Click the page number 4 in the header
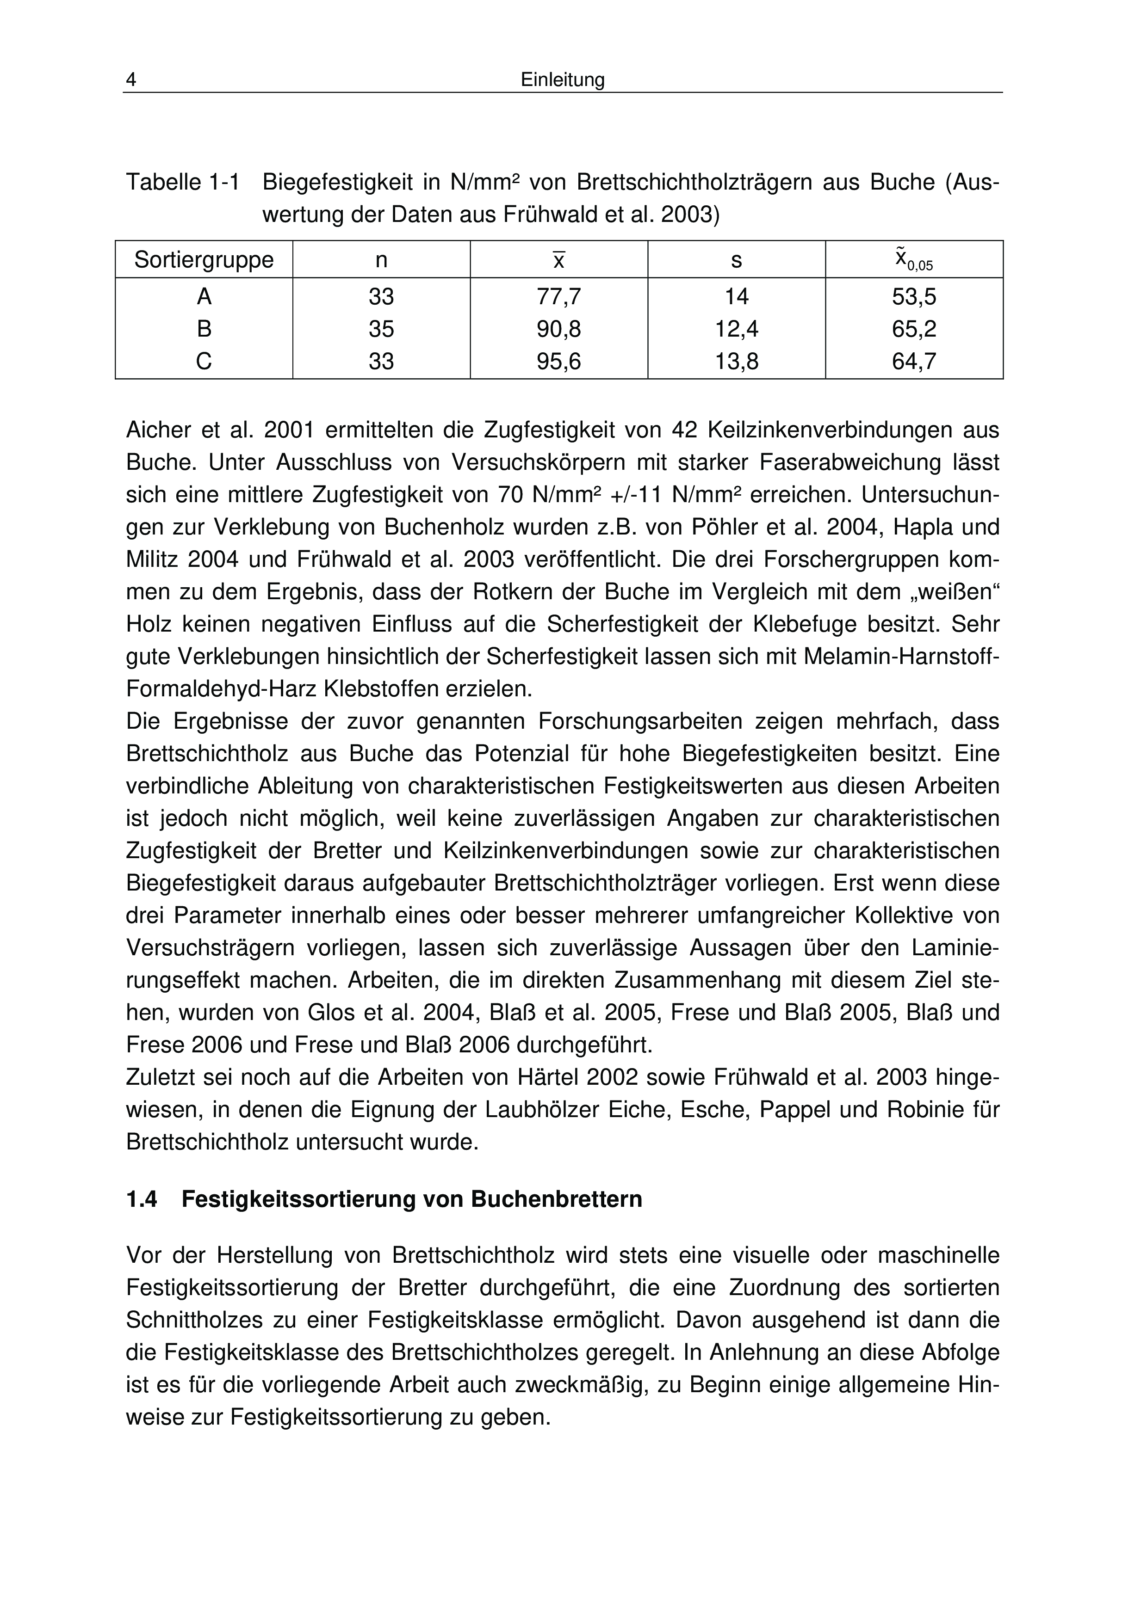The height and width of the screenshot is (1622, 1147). pyautogui.click(x=131, y=80)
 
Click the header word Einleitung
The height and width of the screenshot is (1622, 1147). pyautogui.click(x=563, y=80)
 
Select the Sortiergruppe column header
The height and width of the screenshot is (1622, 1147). pyautogui.click(x=204, y=260)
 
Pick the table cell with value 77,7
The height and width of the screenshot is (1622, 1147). pyautogui.click(x=558, y=297)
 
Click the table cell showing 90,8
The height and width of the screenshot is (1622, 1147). pyautogui.click(x=558, y=329)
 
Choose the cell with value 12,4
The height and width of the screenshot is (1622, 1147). pyautogui.click(x=737, y=329)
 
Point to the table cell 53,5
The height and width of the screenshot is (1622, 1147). pyautogui.click(x=914, y=297)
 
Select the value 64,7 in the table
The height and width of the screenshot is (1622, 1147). pyautogui.click(x=914, y=362)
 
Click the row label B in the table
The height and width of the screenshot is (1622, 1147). pyautogui.click(x=204, y=329)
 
